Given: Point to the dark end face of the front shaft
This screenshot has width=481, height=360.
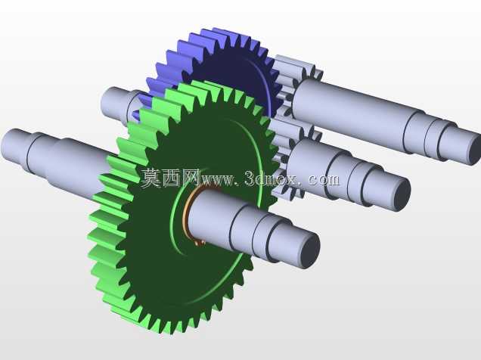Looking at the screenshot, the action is coord(309,249).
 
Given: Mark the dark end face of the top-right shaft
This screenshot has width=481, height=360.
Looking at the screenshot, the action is coord(476,151).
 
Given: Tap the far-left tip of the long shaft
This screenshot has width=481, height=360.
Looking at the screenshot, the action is coord(3,144).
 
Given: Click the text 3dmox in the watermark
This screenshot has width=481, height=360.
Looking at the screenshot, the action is coord(271,179).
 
